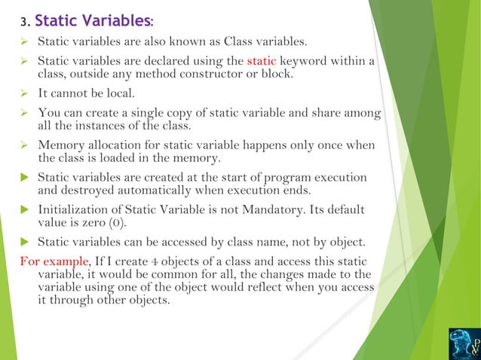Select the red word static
(x=263, y=60)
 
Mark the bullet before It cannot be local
(x=23, y=94)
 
